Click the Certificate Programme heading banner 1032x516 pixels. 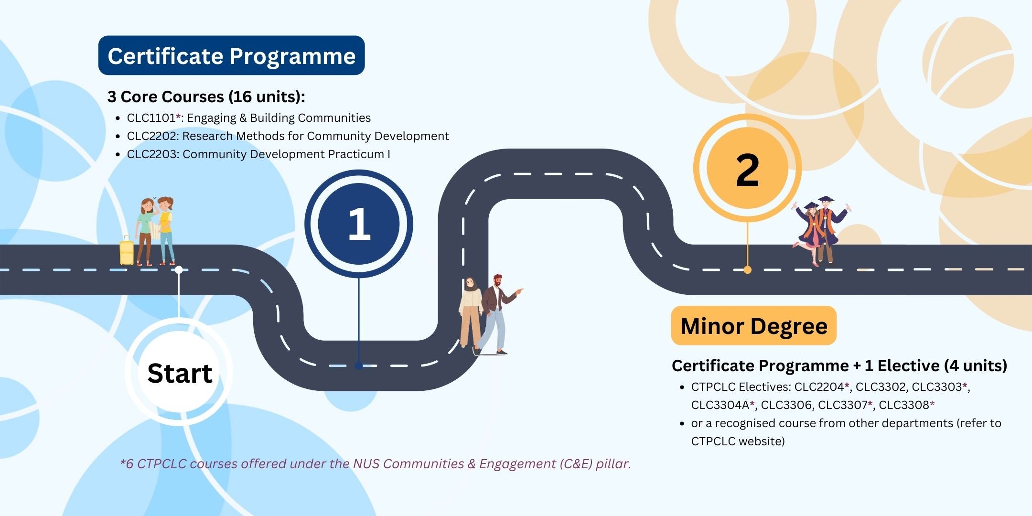click(x=231, y=55)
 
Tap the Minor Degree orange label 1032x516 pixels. click(x=753, y=326)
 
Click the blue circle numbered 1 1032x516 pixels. click(x=359, y=224)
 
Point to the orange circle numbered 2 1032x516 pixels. click(x=747, y=168)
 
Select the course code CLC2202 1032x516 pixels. click(x=152, y=136)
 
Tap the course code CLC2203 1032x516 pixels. click(x=152, y=154)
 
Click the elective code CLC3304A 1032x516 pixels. click(x=720, y=405)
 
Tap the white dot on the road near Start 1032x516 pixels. click(x=179, y=270)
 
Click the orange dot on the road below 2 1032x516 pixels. click(x=747, y=270)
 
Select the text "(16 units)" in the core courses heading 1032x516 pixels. click(x=267, y=97)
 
